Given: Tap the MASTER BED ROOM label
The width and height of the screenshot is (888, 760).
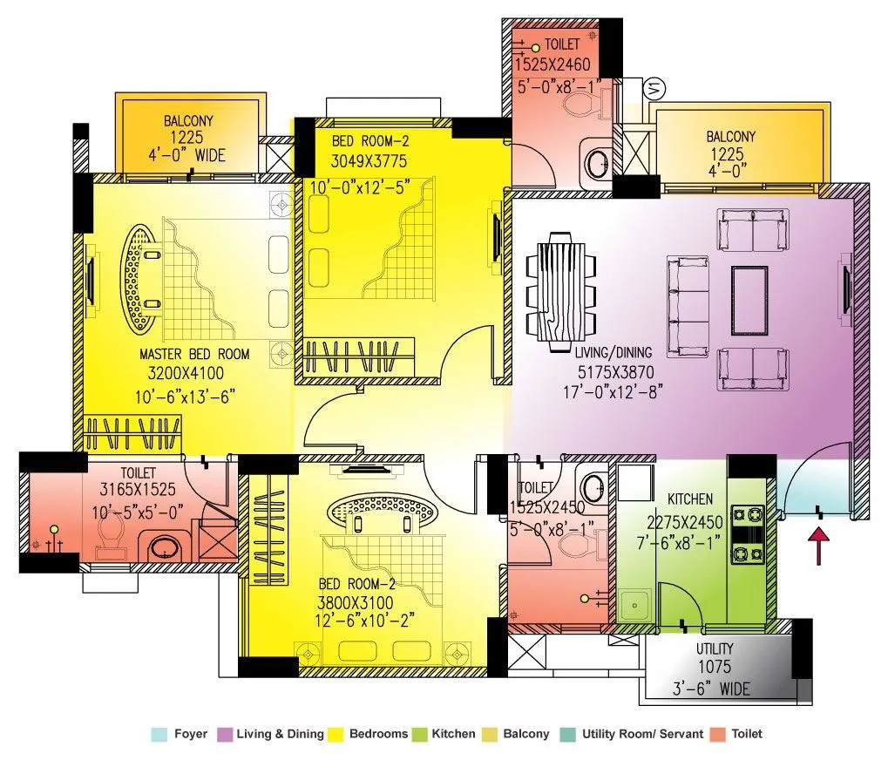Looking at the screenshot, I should coord(194,355).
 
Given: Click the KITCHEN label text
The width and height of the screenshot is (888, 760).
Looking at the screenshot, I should coord(689,499).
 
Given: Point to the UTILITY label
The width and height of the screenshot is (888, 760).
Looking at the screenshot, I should coord(714,649).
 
